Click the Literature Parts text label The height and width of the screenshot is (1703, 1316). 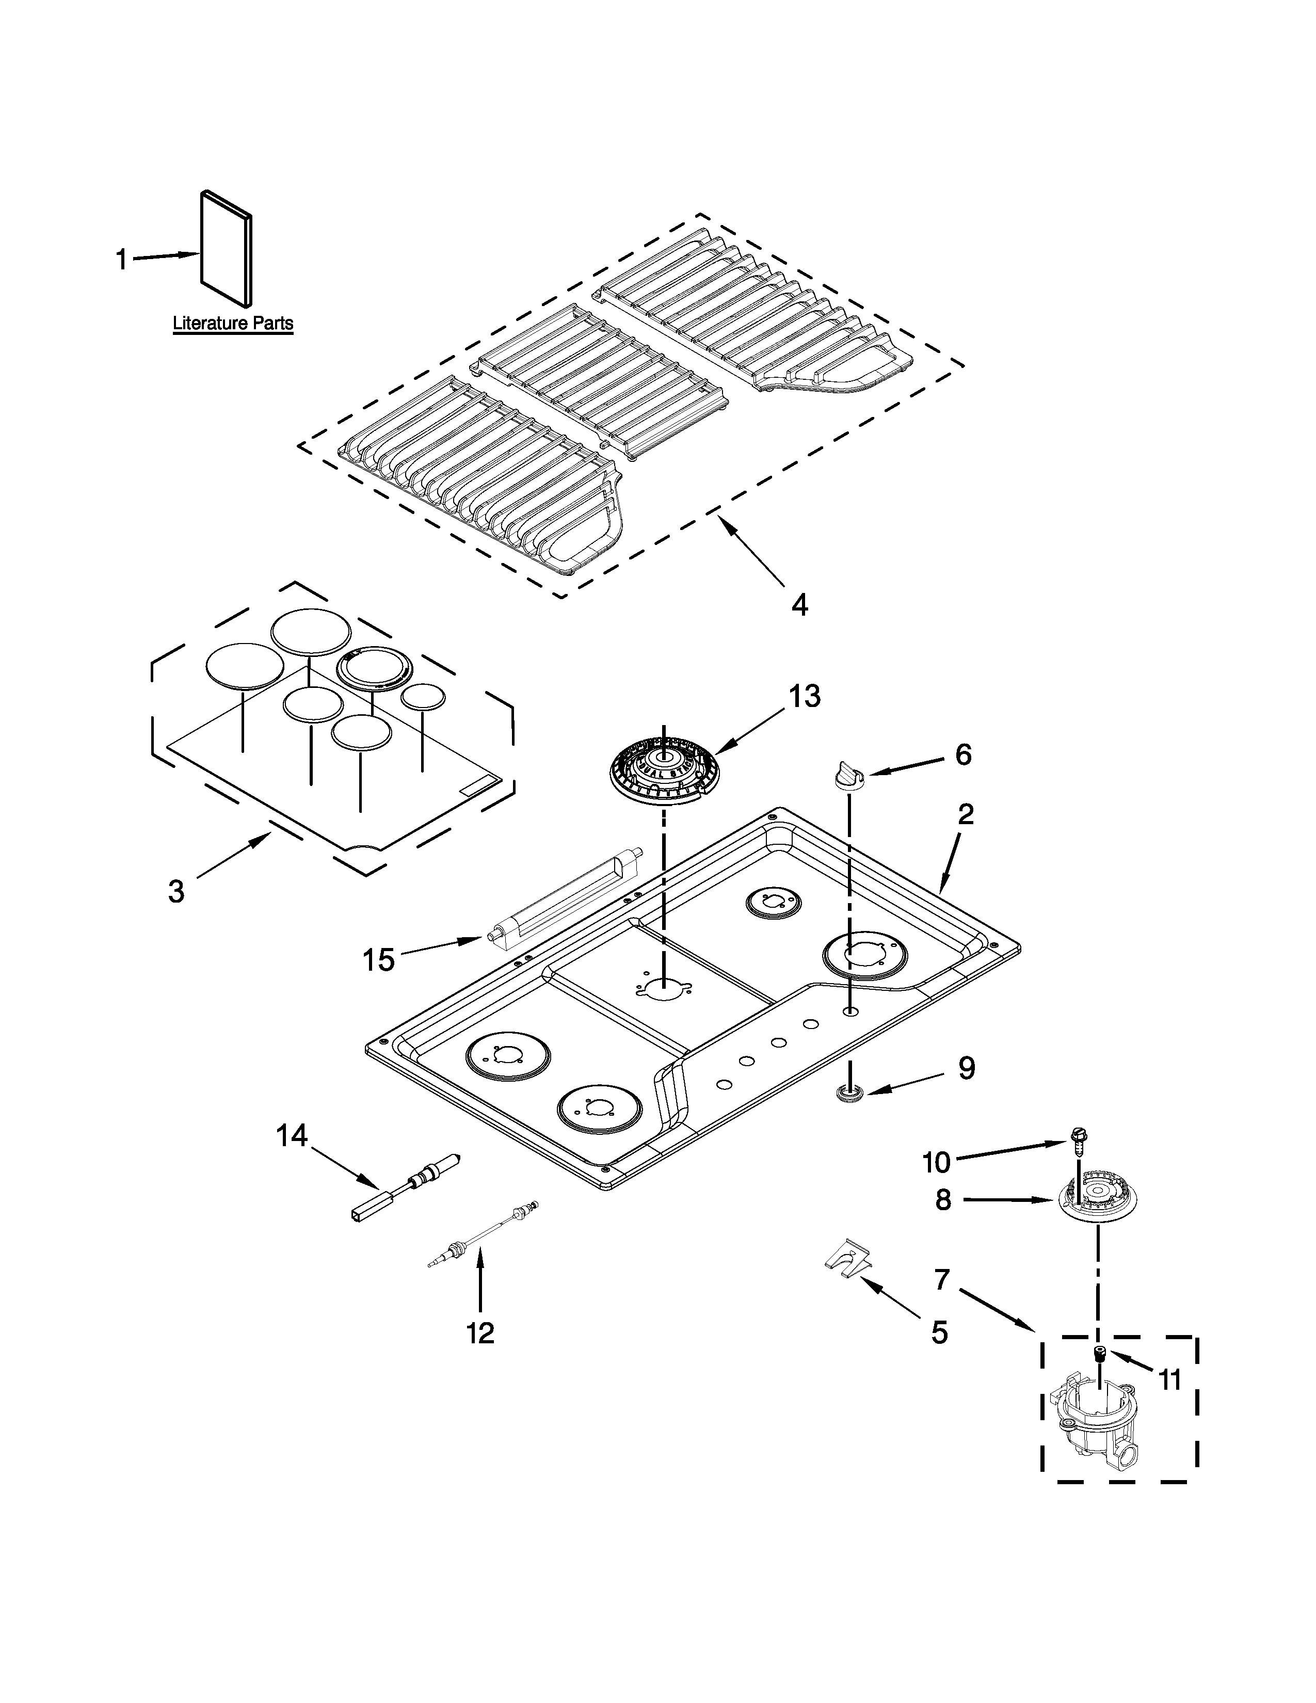232,323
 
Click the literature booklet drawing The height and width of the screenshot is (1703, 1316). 226,248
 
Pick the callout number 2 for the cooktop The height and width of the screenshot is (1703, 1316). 965,815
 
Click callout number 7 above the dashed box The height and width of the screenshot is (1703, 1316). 942,1280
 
